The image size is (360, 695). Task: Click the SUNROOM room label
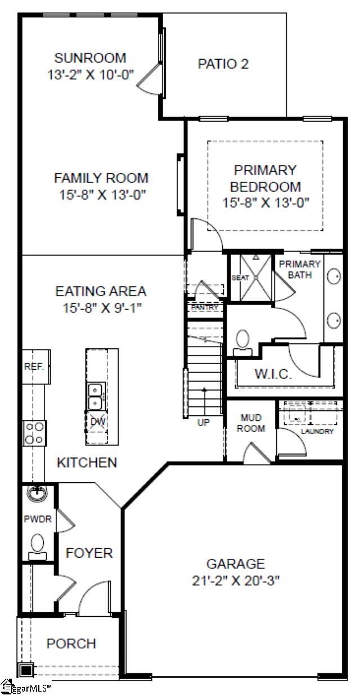pyautogui.click(x=90, y=58)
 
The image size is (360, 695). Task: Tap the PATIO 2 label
pyautogui.click(x=223, y=64)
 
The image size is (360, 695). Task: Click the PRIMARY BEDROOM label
pyautogui.click(x=265, y=178)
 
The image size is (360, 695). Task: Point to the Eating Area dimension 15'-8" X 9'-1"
pyautogui.click(x=101, y=308)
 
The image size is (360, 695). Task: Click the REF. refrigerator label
pyautogui.click(x=34, y=366)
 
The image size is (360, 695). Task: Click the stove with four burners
pyautogui.click(x=34, y=433)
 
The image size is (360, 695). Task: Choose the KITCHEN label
pyautogui.click(x=87, y=463)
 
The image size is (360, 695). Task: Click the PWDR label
pyautogui.click(x=38, y=519)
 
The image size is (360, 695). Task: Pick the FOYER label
pyautogui.click(x=89, y=553)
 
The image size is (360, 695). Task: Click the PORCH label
pyautogui.click(x=71, y=643)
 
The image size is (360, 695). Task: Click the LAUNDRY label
pyautogui.click(x=317, y=432)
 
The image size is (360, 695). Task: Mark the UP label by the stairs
pyautogui.click(x=203, y=423)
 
